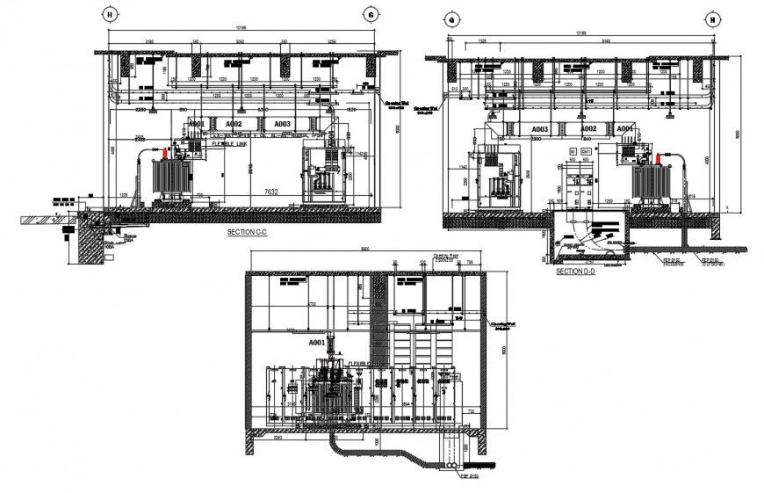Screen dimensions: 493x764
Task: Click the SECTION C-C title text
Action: tap(248, 233)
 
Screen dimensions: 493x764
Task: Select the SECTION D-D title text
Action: tap(576, 272)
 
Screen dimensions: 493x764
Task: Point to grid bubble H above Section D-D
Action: tap(712, 18)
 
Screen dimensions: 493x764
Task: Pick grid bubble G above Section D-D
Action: tap(451, 18)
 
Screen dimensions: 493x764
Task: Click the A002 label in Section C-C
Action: tap(234, 125)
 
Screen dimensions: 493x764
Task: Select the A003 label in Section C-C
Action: tap(281, 125)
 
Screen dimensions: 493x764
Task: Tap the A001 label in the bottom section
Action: tap(317, 342)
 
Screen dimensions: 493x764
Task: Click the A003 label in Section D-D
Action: tap(540, 129)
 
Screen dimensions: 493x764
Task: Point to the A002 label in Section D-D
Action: tap(587, 129)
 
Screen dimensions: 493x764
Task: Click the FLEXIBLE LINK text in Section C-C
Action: tap(230, 142)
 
